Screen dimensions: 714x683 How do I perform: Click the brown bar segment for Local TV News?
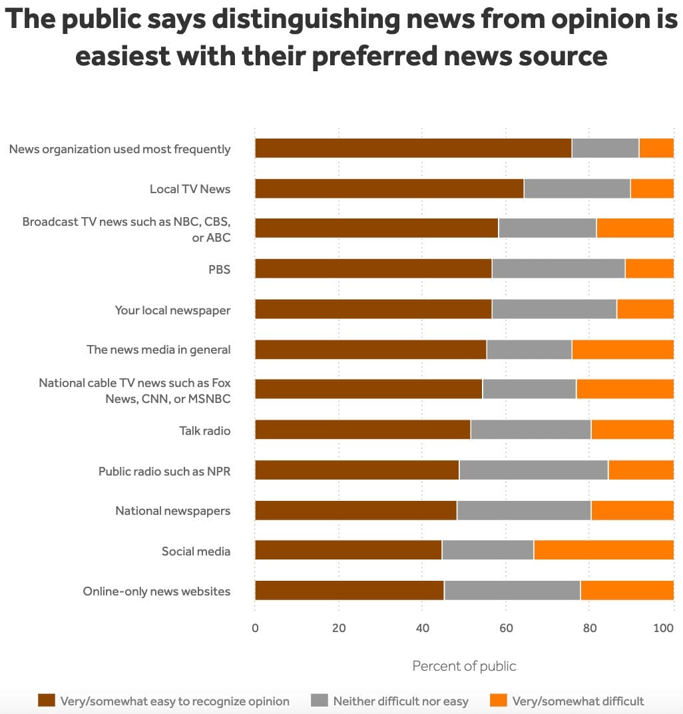389,188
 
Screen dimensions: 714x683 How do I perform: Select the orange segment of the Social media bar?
604,550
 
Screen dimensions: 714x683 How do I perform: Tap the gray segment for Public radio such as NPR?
533,470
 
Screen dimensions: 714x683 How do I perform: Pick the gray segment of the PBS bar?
558,268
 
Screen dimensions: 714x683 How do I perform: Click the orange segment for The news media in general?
622,349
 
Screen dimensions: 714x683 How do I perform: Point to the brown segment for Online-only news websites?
349,590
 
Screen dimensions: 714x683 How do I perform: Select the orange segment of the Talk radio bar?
632,430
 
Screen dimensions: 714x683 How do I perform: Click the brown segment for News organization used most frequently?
413,148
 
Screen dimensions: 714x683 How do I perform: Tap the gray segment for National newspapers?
524,510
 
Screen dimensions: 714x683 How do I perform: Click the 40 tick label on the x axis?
422,627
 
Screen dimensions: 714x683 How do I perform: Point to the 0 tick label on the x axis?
255,627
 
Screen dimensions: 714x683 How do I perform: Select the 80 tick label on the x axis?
589,627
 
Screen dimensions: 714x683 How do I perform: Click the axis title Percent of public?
464,666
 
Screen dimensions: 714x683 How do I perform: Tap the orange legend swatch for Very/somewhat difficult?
499,700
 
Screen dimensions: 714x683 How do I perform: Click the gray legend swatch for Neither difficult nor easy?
320,700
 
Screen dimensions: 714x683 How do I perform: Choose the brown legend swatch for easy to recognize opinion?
47,700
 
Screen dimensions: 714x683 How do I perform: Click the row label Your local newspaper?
172,310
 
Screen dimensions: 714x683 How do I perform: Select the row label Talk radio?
204,430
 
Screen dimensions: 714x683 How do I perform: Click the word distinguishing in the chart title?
306,21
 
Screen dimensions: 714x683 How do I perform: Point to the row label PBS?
219,269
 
